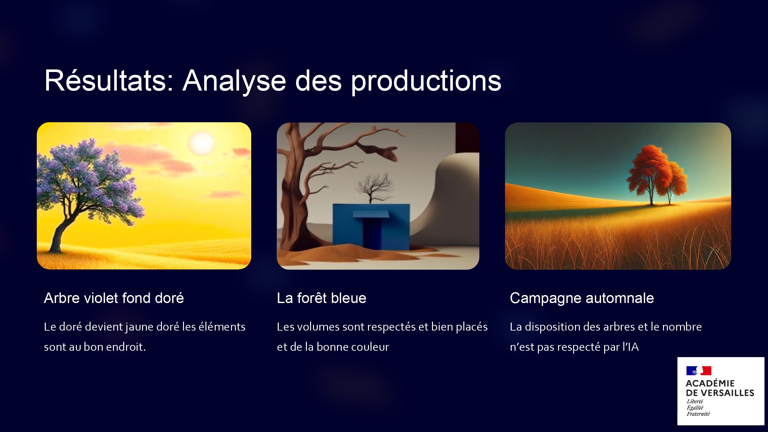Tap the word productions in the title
click(x=426, y=82)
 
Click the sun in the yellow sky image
click(x=201, y=143)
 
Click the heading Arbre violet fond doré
click(x=114, y=298)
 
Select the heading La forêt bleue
click(x=322, y=298)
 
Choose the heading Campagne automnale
click(x=582, y=299)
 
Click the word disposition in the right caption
click(x=552, y=327)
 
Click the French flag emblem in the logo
click(x=699, y=371)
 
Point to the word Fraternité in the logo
click(x=698, y=414)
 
